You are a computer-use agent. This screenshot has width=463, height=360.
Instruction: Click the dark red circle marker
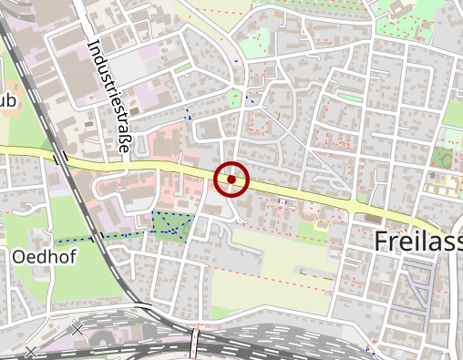coord(231,179)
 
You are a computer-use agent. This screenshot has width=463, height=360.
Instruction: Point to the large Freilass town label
coord(418,242)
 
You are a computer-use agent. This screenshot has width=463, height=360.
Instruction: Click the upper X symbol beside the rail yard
coord(77,328)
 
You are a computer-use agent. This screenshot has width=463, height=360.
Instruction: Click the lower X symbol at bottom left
coord(32,351)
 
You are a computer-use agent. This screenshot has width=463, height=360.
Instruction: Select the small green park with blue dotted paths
coord(171,225)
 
